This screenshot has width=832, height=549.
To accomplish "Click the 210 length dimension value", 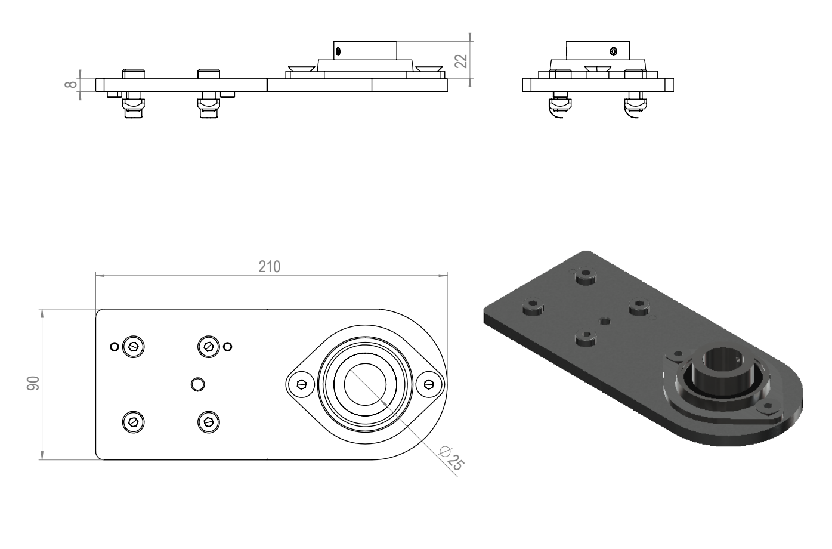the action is pyautogui.click(x=270, y=267).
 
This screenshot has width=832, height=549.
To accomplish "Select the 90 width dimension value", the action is pyautogui.click(x=33, y=384).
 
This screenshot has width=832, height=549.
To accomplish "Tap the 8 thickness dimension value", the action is pyautogui.click(x=70, y=84).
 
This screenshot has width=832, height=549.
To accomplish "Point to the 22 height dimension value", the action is pyautogui.click(x=461, y=61).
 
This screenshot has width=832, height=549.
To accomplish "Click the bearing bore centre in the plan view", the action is pyautogui.click(x=365, y=384).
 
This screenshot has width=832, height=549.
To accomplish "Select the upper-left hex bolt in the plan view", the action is pyautogui.click(x=134, y=347).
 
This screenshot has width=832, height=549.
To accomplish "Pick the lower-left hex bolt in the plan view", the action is pyautogui.click(x=134, y=422).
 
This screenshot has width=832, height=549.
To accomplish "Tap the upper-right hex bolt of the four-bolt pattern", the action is pyautogui.click(x=208, y=347).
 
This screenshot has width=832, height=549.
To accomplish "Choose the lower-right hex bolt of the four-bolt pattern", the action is pyautogui.click(x=208, y=422).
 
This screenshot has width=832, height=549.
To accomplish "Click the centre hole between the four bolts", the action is pyautogui.click(x=197, y=384).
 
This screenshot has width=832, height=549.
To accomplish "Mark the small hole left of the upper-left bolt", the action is pyautogui.click(x=115, y=347).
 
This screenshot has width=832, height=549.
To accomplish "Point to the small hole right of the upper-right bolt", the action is pyautogui.click(x=228, y=347).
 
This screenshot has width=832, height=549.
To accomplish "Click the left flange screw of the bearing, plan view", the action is pyautogui.click(x=301, y=384).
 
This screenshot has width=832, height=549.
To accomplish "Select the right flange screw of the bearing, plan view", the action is pyautogui.click(x=429, y=384).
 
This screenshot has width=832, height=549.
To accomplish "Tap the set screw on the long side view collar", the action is pyautogui.click(x=338, y=51).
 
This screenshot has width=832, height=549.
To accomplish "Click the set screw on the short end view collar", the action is pyautogui.click(x=613, y=51).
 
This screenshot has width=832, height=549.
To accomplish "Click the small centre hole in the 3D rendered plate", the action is pyautogui.click(x=605, y=320).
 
